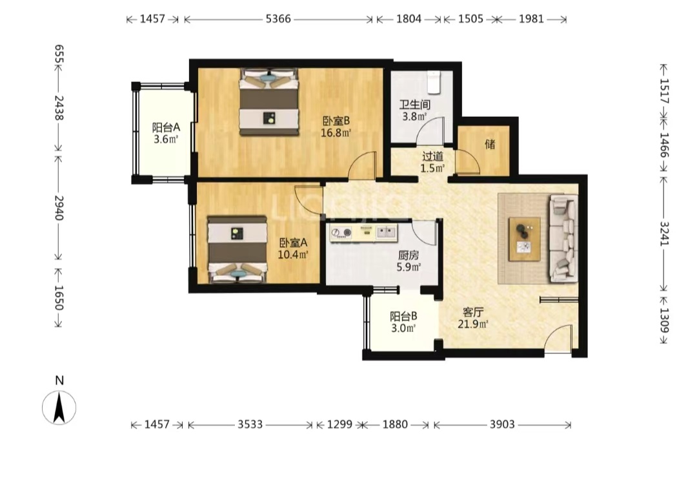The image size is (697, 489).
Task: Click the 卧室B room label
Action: pyautogui.click(x=336, y=121)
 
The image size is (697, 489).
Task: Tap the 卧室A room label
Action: pyautogui.click(x=294, y=243)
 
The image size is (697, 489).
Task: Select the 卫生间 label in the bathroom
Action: pyautogui.click(x=415, y=105)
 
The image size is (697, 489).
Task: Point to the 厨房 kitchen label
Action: pyautogui.click(x=408, y=255)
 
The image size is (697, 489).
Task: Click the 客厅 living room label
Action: pyautogui.click(x=473, y=312)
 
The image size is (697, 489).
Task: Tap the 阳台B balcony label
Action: pyautogui.click(x=403, y=317)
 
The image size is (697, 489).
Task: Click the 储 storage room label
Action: pyautogui.click(x=490, y=144)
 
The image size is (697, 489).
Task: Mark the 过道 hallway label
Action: pyautogui.click(x=432, y=156)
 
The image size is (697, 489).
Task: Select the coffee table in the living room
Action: pyautogui.click(x=525, y=239)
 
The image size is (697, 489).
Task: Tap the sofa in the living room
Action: pyautogui.click(x=563, y=238)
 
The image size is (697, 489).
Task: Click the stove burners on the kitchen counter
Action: pyautogui.click(x=341, y=233)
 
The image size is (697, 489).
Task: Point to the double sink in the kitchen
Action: pyautogui.click(x=386, y=232)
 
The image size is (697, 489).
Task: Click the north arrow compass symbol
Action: pyautogui.click(x=59, y=407)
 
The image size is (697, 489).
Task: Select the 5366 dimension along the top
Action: pyautogui.click(x=278, y=19)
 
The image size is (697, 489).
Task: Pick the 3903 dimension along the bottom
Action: pyautogui.click(x=502, y=424)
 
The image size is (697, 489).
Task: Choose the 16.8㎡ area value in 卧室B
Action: pyautogui.click(x=336, y=132)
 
